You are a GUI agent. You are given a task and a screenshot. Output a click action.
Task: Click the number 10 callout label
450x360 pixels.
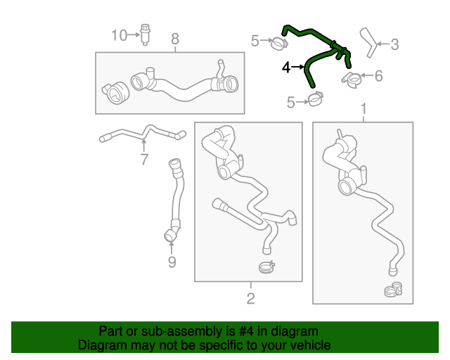[x=118, y=34]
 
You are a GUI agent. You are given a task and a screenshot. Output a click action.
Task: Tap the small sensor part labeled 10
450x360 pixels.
[x=145, y=34]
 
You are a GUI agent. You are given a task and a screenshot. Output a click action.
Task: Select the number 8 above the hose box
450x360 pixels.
[x=175, y=39]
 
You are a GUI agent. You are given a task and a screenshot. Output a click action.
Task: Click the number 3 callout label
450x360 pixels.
[x=394, y=45]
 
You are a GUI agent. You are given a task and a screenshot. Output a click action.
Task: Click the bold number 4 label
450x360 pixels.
[x=286, y=67]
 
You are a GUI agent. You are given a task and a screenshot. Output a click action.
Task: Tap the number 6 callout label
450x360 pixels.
[x=378, y=76]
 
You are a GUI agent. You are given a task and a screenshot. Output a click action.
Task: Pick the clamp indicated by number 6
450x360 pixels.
[x=352, y=76]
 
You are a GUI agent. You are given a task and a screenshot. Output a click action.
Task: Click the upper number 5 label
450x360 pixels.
[x=255, y=41]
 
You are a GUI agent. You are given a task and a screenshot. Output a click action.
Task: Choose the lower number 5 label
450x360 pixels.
[x=290, y=103]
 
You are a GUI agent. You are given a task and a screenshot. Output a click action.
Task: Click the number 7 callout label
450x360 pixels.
[x=144, y=160]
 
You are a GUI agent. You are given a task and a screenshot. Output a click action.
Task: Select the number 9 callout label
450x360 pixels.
[x=172, y=263]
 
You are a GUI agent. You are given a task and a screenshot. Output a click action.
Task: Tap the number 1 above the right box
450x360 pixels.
[x=364, y=109]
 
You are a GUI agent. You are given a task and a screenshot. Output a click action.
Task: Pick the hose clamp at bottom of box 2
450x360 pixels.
[x=266, y=266]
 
